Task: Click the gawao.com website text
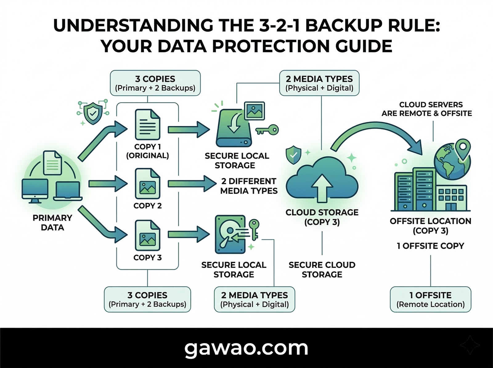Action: [x=246, y=348]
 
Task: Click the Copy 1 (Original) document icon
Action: [x=148, y=125]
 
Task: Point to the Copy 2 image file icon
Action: [x=148, y=184]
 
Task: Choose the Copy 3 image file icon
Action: [x=148, y=235]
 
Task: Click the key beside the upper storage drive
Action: [x=267, y=130]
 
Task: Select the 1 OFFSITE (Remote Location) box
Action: [x=430, y=300]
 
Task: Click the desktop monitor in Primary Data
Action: [x=35, y=190]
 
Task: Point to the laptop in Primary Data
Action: [x=68, y=191]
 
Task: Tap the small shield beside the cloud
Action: [x=293, y=155]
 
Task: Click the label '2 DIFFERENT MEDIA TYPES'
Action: [x=249, y=186]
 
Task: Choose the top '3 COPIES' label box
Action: [x=155, y=83]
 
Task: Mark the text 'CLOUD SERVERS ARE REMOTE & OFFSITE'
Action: [x=427, y=109]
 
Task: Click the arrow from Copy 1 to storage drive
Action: [x=188, y=130]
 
